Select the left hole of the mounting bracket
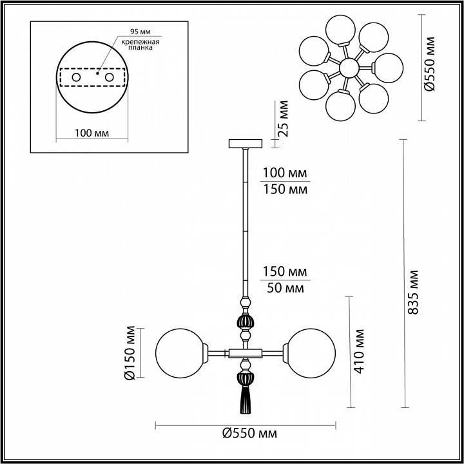tap(76, 77)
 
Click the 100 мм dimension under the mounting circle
tap(91, 133)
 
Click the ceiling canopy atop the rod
tap(245, 142)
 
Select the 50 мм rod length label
tap(284, 287)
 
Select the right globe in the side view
tap(312, 352)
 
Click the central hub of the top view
tap(349, 67)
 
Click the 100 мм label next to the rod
tap(284, 174)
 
